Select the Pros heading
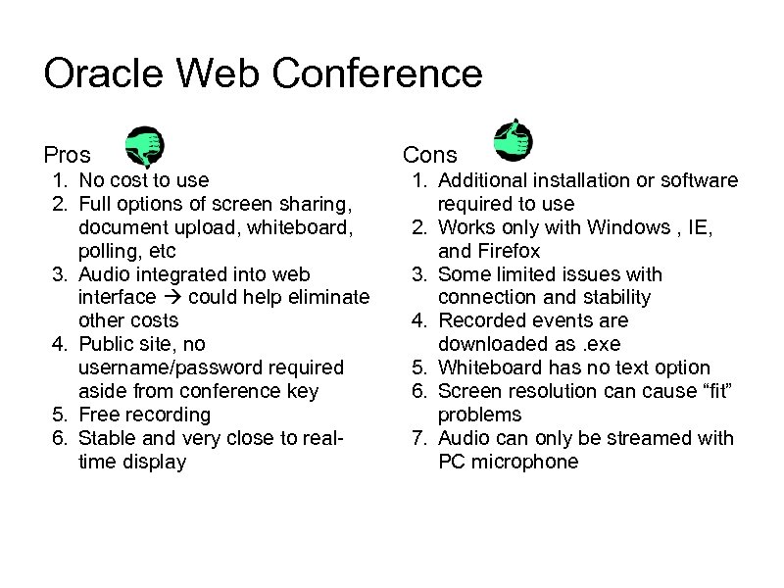[x=68, y=155]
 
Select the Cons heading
[x=429, y=155]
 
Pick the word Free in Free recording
[x=98, y=415]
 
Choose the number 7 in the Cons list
[x=418, y=438]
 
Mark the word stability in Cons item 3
[x=612, y=298]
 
